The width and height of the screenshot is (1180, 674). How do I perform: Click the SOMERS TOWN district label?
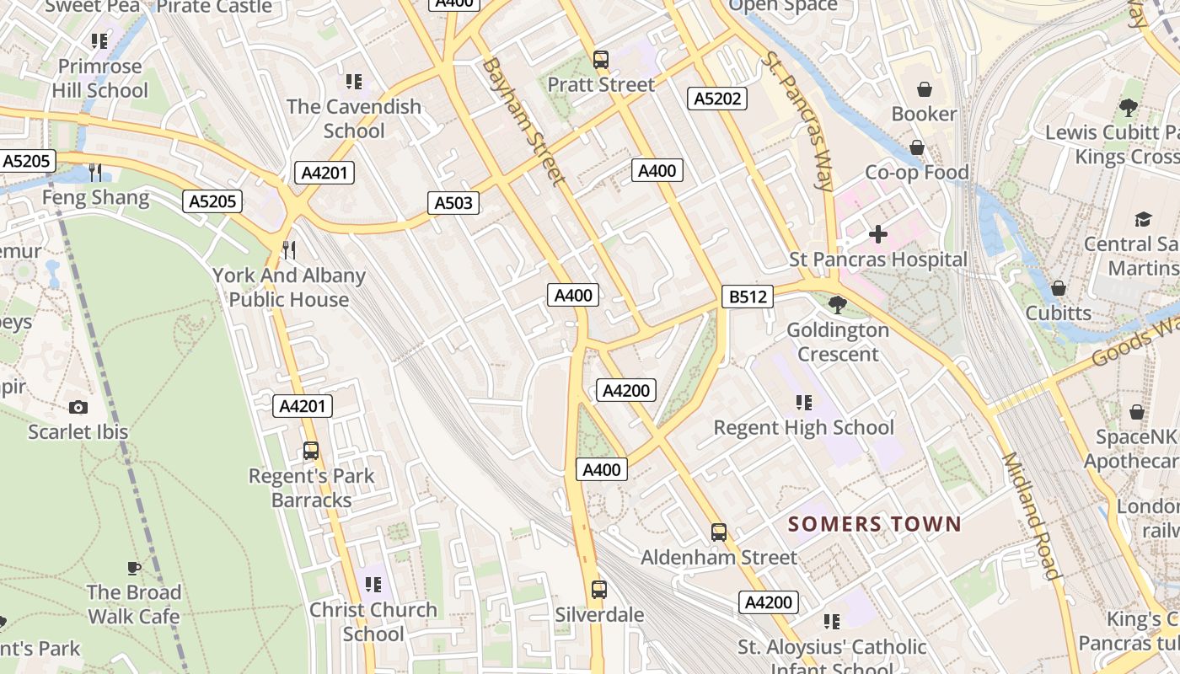coord(874,524)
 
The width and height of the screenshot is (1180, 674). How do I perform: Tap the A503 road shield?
coord(454,202)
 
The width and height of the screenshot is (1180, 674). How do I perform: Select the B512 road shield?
coord(748,297)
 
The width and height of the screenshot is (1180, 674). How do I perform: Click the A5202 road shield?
coord(717,99)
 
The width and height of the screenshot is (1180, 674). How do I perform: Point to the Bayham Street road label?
coord(523,120)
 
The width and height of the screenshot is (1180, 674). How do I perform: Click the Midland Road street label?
coord(1029,516)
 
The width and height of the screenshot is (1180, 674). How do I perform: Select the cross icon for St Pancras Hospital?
coord(878,233)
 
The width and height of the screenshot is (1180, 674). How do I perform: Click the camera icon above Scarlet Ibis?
coord(78,408)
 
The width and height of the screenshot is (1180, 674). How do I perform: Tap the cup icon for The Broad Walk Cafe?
coord(134,567)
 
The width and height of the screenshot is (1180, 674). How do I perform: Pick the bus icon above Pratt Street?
coord(601,60)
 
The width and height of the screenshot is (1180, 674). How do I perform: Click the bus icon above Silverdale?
coord(599,590)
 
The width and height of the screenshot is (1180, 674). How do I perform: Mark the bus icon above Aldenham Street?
coord(719,532)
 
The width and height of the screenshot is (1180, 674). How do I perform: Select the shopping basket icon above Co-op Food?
coord(917,148)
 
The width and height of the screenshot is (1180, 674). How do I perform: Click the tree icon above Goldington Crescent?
coord(838,304)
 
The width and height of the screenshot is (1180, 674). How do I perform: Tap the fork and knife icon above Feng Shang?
coord(95,173)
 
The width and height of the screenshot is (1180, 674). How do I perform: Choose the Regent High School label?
coord(804,427)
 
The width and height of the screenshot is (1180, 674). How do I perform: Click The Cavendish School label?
coord(354,119)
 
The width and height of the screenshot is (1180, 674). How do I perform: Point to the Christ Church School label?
coord(373,622)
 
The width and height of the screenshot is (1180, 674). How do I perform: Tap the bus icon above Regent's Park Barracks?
coord(311,451)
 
